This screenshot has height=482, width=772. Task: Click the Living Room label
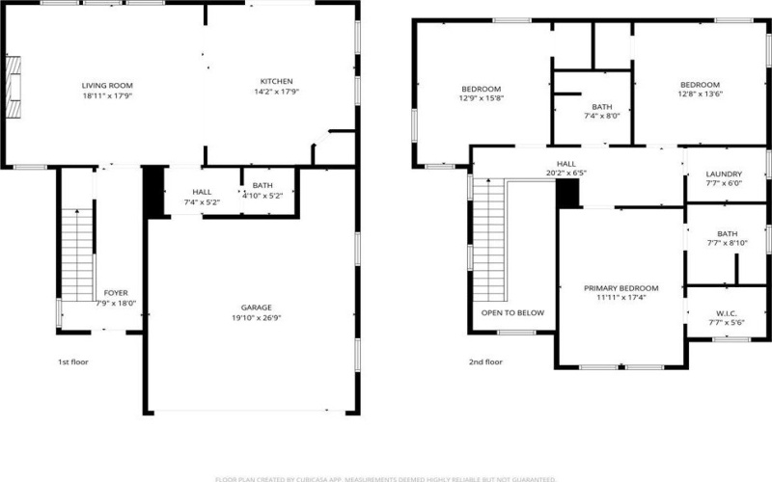pyautogui.click(x=106, y=86)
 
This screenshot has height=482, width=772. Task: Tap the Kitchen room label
pyautogui.click(x=276, y=81)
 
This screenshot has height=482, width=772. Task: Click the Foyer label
pyautogui.click(x=116, y=292)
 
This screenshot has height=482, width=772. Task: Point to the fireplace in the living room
pyautogui.click(x=14, y=85)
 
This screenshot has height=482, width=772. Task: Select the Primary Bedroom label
pyautogui.click(x=620, y=288)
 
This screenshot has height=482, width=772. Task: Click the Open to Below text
pyautogui.click(x=512, y=312)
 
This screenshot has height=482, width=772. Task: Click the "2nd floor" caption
pyautogui.click(x=486, y=362)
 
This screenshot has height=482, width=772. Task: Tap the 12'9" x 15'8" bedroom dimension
pyautogui.click(x=482, y=96)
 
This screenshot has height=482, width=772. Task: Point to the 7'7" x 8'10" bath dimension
pyautogui.click(x=727, y=243)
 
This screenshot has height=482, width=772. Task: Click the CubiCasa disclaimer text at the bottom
pyautogui.click(x=385, y=476)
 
